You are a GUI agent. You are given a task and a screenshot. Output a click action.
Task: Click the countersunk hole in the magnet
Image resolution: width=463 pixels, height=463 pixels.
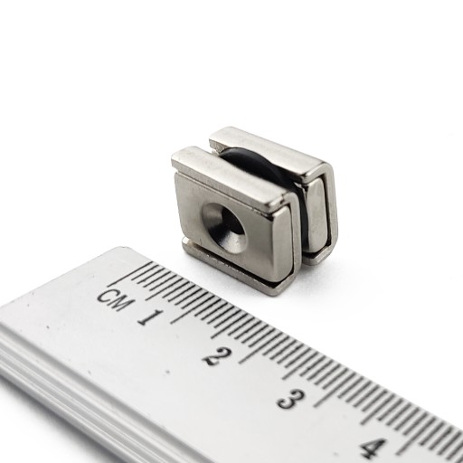[x=223, y=228]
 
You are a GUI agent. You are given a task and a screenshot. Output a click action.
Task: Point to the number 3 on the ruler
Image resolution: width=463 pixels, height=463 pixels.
[x=291, y=399]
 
